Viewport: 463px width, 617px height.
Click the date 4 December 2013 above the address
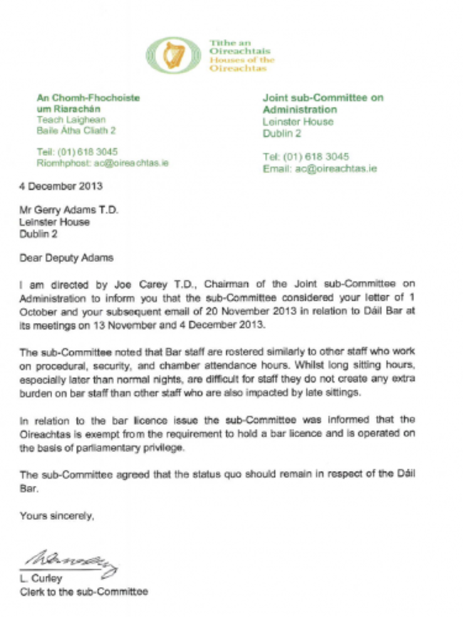(x=61, y=187)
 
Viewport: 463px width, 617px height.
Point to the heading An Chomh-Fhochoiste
(x=88, y=97)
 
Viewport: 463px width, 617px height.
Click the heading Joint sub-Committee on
(x=323, y=97)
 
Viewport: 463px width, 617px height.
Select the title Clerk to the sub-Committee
(x=84, y=591)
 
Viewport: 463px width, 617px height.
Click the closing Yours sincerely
(x=57, y=515)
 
